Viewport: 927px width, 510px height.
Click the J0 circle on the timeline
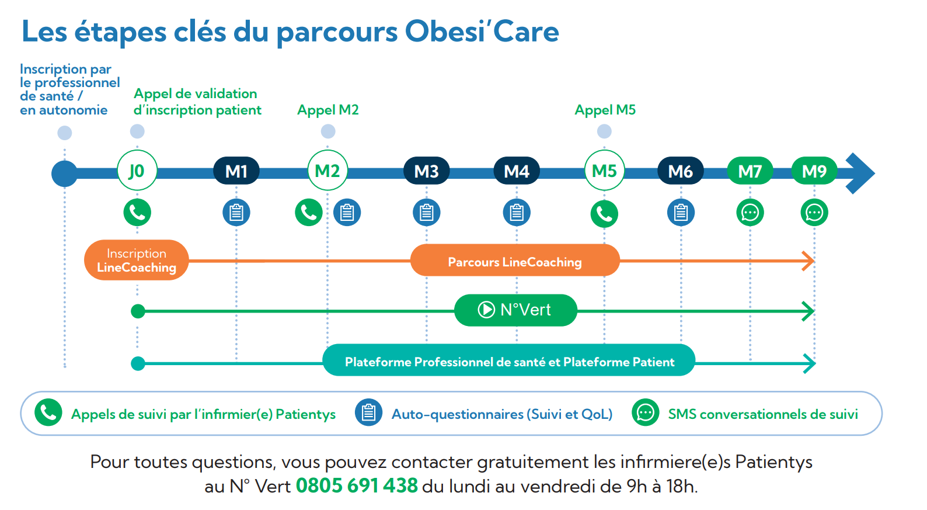click(137, 170)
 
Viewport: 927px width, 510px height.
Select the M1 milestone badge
click(236, 171)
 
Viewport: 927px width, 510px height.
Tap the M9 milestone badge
click(814, 171)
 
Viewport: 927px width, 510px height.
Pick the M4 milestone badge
click(517, 171)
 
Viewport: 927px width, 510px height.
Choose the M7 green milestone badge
click(750, 171)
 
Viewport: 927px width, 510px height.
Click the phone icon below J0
click(137, 213)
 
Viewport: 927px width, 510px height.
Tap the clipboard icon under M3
click(426, 213)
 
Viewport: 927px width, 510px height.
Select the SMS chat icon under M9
click(814, 213)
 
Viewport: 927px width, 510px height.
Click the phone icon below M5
click(604, 214)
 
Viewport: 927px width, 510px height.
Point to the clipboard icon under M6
click(681, 213)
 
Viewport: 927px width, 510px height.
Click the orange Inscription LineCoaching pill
click(137, 260)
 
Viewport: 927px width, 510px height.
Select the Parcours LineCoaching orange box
click(515, 260)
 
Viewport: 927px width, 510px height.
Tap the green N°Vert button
click(515, 310)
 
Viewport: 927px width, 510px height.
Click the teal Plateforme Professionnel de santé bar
click(508, 360)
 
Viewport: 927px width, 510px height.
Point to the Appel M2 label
click(327, 110)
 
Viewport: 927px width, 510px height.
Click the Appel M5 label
click(605, 110)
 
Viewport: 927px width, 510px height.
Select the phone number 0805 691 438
click(357, 485)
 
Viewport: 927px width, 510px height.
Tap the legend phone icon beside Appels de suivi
click(48, 412)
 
